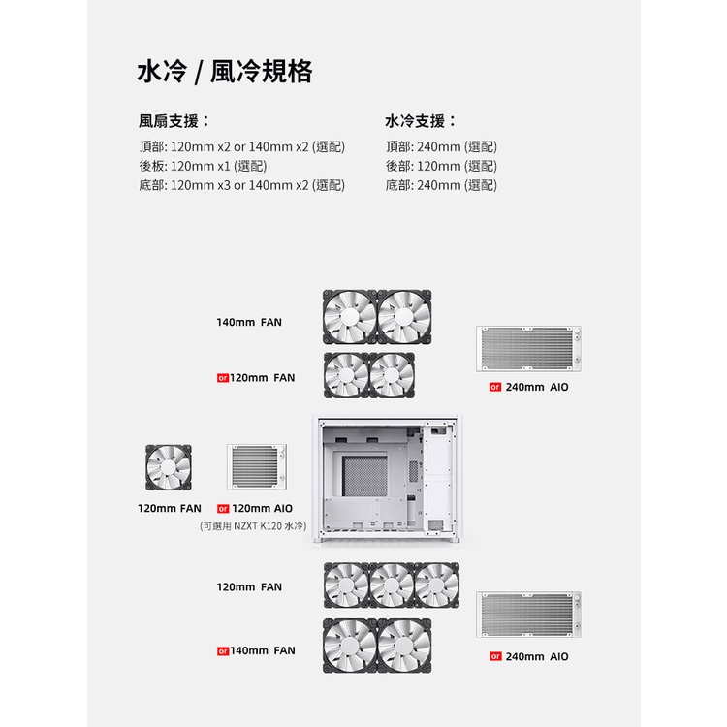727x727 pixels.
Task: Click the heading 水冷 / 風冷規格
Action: click(x=225, y=72)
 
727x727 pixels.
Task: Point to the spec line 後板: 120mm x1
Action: click(x=204, y=166)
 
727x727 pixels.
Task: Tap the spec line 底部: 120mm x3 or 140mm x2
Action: click(x=242, y=185)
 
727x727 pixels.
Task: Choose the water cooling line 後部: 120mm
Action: click(x=441, y=166)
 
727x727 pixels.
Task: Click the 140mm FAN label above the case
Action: click(x=249, y=322)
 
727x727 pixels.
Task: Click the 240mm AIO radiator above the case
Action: click(x=528, y=349)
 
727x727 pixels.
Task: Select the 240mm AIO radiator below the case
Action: click(x=528, y=615)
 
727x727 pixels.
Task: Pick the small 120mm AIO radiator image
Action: click(x=257, y=467)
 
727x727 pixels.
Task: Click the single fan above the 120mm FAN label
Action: click(x=169, y=467)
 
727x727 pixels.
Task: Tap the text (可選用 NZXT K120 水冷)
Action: click(x=253, y=526)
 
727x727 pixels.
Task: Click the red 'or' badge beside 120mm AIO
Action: click(x=223, y=509)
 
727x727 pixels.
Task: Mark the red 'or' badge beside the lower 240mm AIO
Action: click(x=495, y=656)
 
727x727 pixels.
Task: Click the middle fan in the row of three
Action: click(x=392, y=585)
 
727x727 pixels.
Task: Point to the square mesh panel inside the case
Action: click(x=364, y=476)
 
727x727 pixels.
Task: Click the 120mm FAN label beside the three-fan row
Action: click(x=249, y=587)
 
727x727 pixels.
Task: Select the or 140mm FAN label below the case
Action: click(x=256, y=651)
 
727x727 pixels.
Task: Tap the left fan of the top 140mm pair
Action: click(x=350, y=317)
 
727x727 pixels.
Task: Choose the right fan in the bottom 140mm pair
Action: click(x=404, y=646)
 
